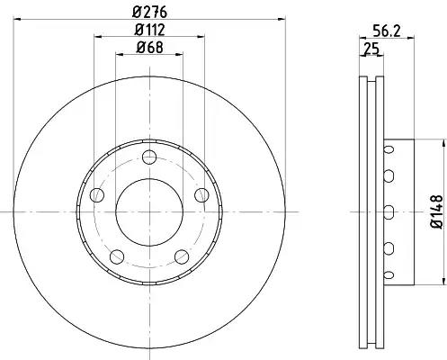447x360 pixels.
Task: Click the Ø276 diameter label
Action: click(149, 13)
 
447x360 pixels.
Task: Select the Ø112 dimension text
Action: click(149, 30)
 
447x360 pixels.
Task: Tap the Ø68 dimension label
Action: click(149, 48)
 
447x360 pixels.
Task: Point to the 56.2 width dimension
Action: click(387, 31)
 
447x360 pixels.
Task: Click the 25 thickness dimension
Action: click(371, 49)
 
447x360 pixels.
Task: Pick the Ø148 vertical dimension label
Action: click(436, 211)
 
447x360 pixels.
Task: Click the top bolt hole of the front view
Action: click(149, 157)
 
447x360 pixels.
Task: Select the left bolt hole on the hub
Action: click(97, 195)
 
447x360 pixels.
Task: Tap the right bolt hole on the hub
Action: click(201, 195)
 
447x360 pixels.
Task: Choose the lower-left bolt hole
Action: click(117, 256)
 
